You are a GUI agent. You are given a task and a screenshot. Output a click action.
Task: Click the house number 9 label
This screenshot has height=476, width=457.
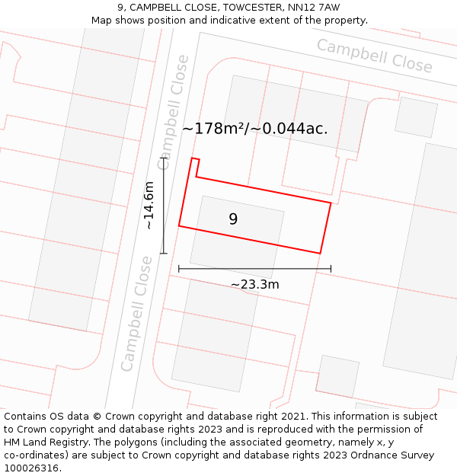233,219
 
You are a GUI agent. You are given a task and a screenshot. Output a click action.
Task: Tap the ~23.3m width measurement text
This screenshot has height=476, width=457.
254,285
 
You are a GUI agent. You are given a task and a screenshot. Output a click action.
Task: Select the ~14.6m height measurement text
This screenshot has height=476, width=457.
149,205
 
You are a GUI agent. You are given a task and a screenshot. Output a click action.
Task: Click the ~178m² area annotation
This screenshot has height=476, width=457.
255,129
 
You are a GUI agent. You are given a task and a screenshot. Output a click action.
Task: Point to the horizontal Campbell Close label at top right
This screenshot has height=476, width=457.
375,56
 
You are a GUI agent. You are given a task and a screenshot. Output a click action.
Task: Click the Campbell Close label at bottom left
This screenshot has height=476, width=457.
137,314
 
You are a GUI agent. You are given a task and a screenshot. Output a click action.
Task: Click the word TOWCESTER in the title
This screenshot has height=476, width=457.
252,8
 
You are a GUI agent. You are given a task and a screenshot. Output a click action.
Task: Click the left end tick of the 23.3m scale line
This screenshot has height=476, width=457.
179,268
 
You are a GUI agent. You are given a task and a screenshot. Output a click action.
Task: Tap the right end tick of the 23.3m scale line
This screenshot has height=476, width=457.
331,268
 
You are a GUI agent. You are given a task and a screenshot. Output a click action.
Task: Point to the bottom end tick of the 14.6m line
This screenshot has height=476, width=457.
163,253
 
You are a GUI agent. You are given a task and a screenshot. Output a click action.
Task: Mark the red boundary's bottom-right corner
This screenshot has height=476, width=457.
320,253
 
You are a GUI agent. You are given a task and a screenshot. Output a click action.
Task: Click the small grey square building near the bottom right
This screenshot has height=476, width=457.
337,376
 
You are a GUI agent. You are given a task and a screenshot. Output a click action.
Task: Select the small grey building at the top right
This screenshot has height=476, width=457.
416,117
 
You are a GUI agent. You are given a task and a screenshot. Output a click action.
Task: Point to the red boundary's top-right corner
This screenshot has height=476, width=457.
331,203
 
